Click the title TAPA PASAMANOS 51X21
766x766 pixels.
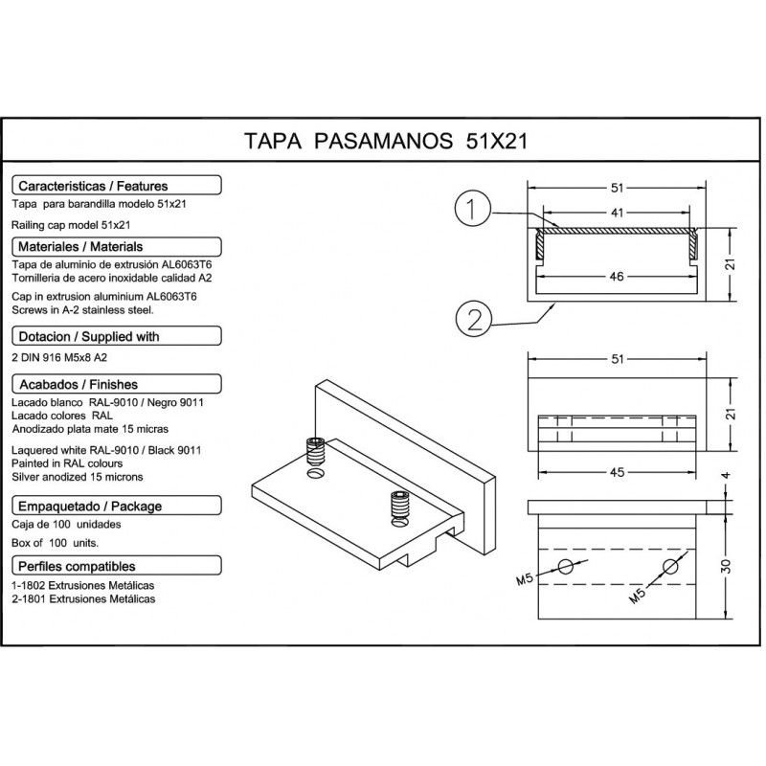(x=386, y=141)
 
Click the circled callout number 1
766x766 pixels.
(x=472, y=209)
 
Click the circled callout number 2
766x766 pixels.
(x=473, y=320)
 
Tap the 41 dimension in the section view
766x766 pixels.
(x=617, y=213)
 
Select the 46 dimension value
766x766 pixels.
(x=617, y=277)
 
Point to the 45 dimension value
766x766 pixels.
(x=617, y=472)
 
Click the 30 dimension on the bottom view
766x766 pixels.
(x=726, y=566)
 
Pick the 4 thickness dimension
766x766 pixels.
(x=726, y=475)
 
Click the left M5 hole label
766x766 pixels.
(x=525, y=579)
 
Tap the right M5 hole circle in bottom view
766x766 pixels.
(x=670, y=566)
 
